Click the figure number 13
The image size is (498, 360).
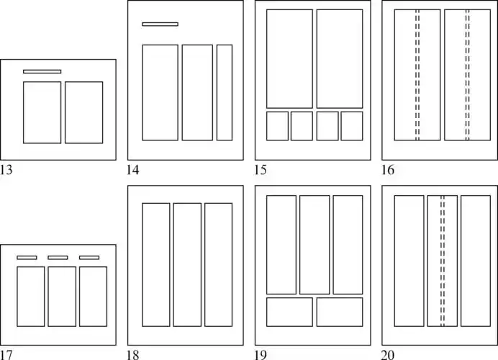pyautogui.click(x=7, y=171)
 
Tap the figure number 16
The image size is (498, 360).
pyautogui.click(x=388, y=171)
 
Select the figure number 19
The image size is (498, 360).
pyautogui.click(x=261, y=354)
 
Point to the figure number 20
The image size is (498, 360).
pyautogui.click(x=388, y=354)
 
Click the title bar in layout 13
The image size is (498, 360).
pyautogui.click(x=42, y=71)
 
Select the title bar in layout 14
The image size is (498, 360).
pyautogui.click(x=160, y=24)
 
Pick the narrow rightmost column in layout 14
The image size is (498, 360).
pyautogui.click(x=225, y=92)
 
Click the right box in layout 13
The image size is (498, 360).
pyautogui.click(x=83, y=112)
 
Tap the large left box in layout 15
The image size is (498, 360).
pyautogui.click(x=289, y=58)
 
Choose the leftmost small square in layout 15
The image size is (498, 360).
pyautogui.click(x=277, y=126)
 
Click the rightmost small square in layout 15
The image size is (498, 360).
pyautogui.click(x=352, y=126)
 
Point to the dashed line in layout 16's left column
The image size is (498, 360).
pyautogui.click(x=417, y=75)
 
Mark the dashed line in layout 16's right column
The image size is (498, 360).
pyautogui.click(x=468, y=75)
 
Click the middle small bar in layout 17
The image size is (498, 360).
pyautogui.click(x=58, y=257)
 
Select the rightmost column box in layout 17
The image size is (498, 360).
pyautogui.click(x=93, y=297)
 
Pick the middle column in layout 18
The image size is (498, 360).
pyautogui.click(x=187, y=265)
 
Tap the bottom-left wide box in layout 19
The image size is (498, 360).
pyautogui.click(x=289, y=312)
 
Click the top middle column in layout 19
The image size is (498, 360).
pyautogui.click(x=314, y=244)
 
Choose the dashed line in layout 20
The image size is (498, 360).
pyautogui.click(x=443, y=261)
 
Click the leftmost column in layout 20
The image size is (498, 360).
pyautogui.click(x=409, y=261)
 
